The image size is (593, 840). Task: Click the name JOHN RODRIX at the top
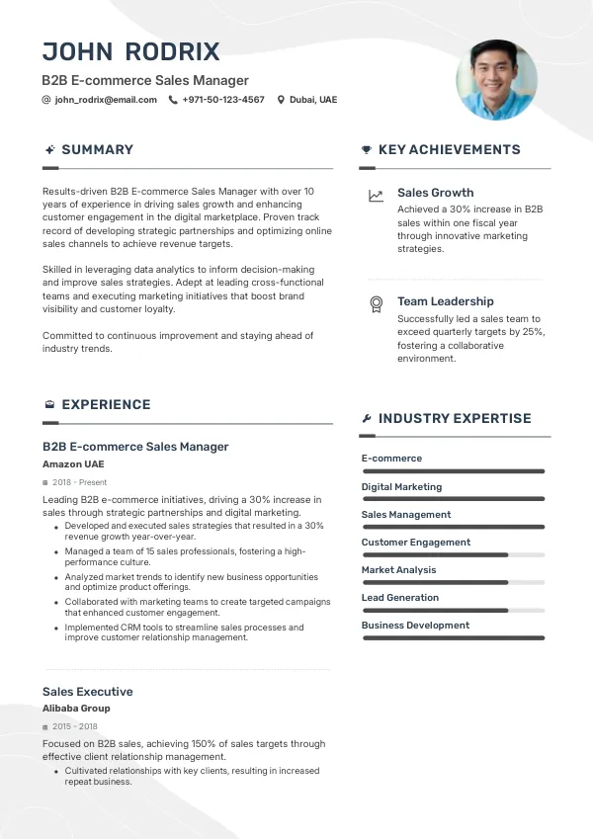130,52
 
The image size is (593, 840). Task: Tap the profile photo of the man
496,80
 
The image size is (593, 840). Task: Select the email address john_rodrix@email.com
106,100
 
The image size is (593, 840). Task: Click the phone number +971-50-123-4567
223,100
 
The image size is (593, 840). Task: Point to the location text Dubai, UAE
313,100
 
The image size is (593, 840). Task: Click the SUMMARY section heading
97,150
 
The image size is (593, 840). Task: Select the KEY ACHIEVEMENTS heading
449,150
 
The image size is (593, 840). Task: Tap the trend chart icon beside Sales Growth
376,196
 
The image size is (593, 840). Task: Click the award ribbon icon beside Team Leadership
376,303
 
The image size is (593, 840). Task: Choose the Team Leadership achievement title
445,301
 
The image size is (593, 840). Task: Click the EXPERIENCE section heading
106,405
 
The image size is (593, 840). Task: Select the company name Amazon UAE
73,463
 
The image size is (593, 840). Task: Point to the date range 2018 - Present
79,482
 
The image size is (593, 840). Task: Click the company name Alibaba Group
76,709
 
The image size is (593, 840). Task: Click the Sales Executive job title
87,692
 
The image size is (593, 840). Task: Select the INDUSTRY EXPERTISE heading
455,419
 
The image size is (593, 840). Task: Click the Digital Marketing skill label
401,487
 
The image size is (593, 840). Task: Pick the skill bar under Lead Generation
453,611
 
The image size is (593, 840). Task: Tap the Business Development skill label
415,626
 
